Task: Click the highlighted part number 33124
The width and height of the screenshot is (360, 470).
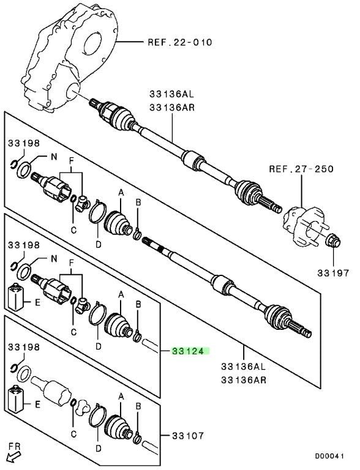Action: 190,351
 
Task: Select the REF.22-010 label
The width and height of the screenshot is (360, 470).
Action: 180,42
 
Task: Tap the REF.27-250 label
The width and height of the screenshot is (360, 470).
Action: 301,169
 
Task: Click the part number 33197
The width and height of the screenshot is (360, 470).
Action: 334,273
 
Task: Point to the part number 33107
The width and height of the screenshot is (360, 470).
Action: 188,436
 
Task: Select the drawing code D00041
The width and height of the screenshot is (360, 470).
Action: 329,457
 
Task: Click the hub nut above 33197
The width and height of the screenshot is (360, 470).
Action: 333,241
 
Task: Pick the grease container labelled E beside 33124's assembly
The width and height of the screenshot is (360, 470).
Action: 15,297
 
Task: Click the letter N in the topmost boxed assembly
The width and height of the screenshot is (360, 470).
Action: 54,157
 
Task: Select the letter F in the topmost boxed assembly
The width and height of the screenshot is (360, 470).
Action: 72,162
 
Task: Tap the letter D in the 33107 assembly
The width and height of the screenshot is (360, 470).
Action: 99,449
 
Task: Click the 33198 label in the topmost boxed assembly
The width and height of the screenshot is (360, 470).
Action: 24,143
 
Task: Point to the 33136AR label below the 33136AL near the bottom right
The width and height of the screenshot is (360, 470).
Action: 244,380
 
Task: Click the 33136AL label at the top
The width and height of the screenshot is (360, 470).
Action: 171,94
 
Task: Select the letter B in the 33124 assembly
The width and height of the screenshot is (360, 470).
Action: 138,305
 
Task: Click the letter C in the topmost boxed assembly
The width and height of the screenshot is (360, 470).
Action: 73,230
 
